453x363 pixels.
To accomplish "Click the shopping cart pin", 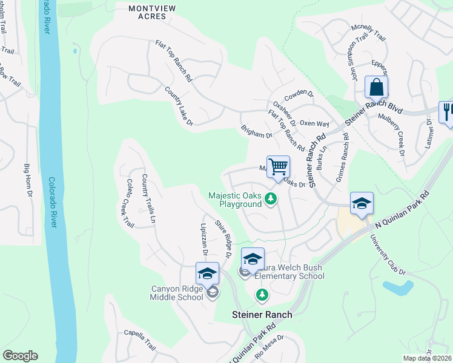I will (x=278, y=166).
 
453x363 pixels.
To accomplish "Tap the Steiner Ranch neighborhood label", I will (x=262, y=315).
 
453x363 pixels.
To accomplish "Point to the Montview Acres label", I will (x=147, y=12).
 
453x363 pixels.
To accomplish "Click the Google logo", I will (x=20, y=356).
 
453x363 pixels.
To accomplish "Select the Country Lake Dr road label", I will (x=179, y=106).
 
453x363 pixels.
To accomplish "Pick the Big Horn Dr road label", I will (x=28, y=180).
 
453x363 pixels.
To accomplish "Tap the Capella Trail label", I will (x=141, y=340).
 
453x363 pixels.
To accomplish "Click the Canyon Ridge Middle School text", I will (x=177, y=293).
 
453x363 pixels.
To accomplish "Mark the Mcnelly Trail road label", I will (x=369, y=33).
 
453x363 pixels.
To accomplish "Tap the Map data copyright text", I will (x=426, y=358).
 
